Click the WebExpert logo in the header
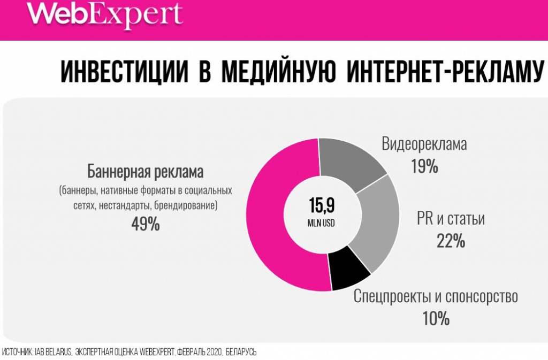[x=105, y=15]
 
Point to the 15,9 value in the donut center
[x=322, y=205]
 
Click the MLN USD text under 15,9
[x=321, y=224]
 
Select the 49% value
[x=146, y=224]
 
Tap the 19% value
[x=424, y=166]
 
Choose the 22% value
[x=451, y=241]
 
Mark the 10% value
[x=436, y=319]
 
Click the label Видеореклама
[x=424, y=143]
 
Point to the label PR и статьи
[x=451, y=219]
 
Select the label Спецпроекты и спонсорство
[x=436, y=296]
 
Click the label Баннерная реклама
[x=146, y=172]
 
